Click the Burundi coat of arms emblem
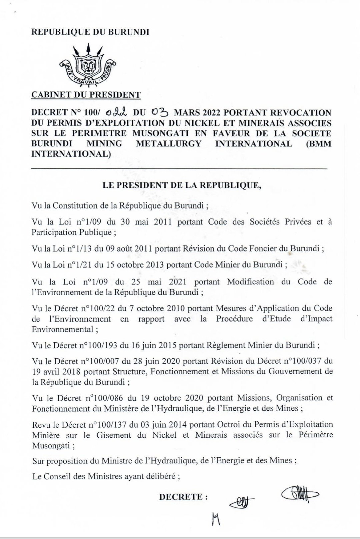pos(87,64)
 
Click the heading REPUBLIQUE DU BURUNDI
pos(90,32)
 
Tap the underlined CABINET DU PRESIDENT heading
pos(86,95)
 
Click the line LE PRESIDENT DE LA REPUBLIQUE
pos(182,185)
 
